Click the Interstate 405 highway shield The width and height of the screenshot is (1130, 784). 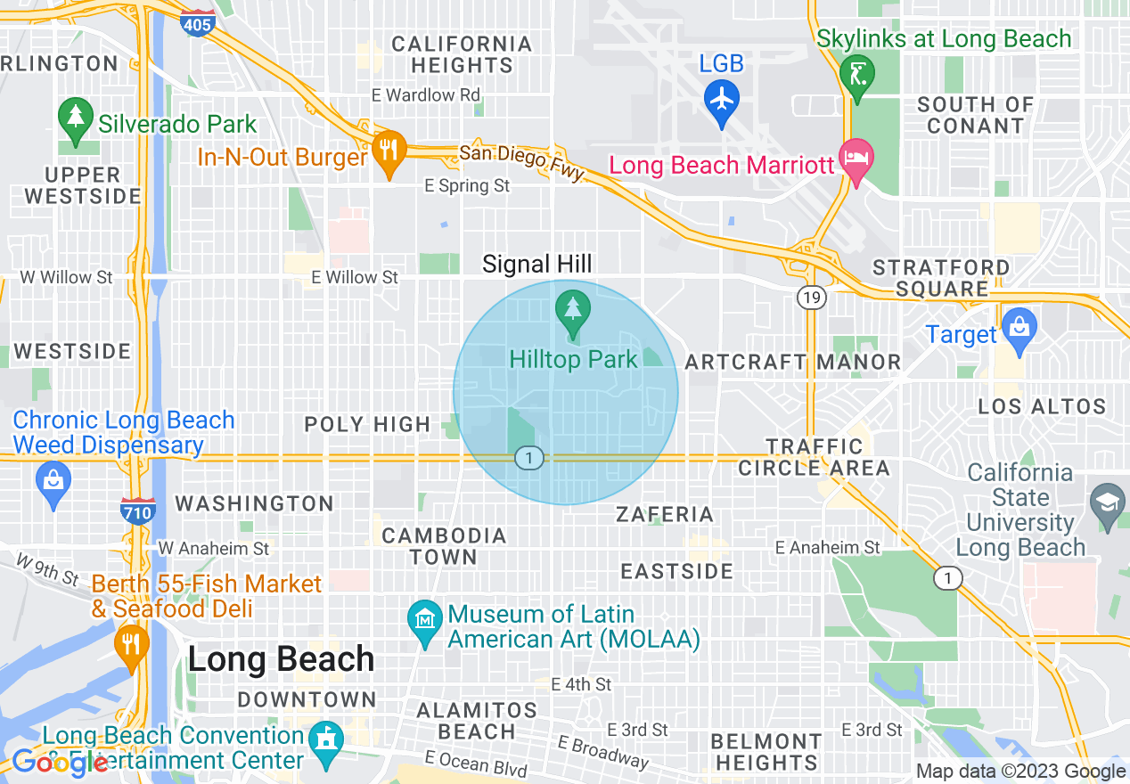point(196,21)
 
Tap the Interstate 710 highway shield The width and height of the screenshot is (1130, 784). point(138,510)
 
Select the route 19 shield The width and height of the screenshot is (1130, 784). point(811,298)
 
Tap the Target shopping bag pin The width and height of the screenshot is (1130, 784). point(1019,327)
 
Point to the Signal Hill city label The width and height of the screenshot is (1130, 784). point(536,264)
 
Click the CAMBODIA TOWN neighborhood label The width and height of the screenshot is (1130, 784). point(444,546)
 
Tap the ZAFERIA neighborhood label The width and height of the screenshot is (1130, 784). point(665,514)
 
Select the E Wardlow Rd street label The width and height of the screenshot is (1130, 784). point(426,94)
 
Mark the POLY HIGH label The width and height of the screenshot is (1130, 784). point(367,424)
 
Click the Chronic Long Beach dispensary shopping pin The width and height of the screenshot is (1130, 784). point(53,481)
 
